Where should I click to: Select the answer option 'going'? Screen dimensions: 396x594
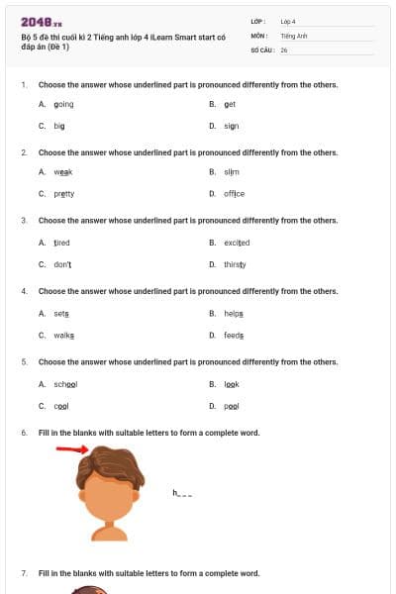(63, 104)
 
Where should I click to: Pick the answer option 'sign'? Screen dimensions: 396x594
(231, 127)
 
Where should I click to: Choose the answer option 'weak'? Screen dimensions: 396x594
(63, 171)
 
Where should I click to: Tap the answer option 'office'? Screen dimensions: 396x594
(234, 194)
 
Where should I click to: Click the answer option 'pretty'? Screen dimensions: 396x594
(63, 194)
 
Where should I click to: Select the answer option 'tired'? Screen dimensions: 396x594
(61, 243)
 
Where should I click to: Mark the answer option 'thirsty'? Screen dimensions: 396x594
(235, 265)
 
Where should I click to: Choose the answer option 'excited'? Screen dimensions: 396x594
(237, 243)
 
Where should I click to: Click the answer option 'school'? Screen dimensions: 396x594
(65, 383)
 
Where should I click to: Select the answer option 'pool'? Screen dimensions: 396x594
(231, 406)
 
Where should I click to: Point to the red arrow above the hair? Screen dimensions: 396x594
(71, 449)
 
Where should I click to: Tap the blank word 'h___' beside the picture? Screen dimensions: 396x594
(182, 492)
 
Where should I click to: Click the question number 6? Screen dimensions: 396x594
(24, 434)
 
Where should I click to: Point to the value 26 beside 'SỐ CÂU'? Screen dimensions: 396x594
(284, 49)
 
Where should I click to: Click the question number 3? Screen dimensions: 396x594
(24, 221)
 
